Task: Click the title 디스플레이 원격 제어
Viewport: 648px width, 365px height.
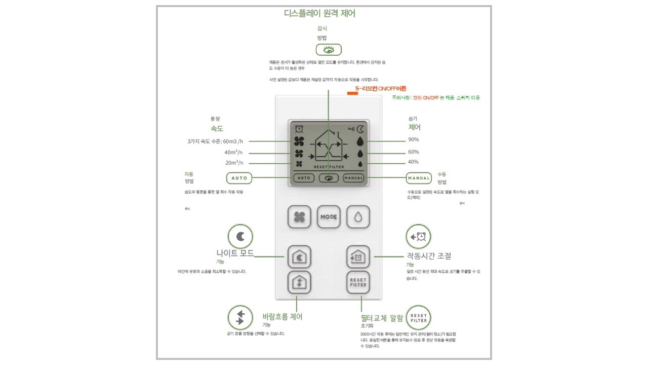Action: point(319,14)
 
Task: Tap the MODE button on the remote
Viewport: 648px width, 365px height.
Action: point(329,217)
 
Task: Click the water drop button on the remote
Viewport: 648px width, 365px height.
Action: point(358,217)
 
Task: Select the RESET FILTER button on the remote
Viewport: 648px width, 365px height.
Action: point(358,282)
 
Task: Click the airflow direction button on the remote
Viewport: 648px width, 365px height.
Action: point(299,282)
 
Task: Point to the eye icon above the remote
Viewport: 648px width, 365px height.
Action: point(329,50)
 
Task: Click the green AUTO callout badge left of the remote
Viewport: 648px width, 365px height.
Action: point(239,178)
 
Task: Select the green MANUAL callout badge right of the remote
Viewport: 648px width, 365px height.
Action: point(419,178)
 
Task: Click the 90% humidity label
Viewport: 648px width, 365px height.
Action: point(414,139)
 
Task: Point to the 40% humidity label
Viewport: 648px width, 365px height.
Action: point(414,162)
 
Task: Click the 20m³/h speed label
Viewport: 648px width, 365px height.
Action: point(234,163)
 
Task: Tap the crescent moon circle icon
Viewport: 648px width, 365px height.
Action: point(240,236)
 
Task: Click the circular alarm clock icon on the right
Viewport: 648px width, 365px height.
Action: point(419,236)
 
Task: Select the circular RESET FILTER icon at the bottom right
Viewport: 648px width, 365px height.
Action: point(419,318)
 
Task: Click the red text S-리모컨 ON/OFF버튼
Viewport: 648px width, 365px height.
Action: point(380,89)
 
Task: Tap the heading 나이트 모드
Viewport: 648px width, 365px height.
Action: point(235,253)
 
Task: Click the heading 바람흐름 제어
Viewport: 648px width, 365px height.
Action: point(282,317)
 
